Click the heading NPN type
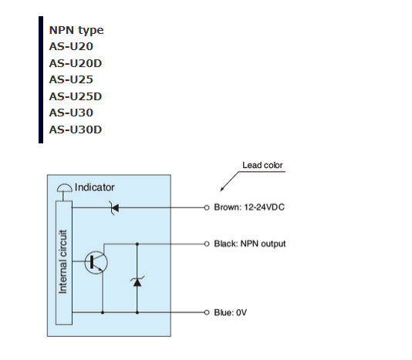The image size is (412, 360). pyautogui.click(x=76, y=31)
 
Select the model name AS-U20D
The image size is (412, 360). pyautogui.click(x=76, y=63)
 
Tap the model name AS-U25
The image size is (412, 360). pyautogui.click(x=71, y=79)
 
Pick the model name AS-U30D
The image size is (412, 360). pyautogui.click(x=76, y=130)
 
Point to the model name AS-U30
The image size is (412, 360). pyautogui.click(x=71, y=113)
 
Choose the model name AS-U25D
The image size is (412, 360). pyautogui.click(x=76, y=96)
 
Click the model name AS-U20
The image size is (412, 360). pyautogui.click(x=71, y=46)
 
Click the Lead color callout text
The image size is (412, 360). pyautogui.click(x=262, y=165)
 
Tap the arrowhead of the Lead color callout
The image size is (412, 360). pyautogui.click(x=222, y=189)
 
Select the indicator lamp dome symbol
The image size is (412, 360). pyautogui.click(x=64, y=188)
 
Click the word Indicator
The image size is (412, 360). pyautogui.click(x=95, y=187)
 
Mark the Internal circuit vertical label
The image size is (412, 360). pyautogui.click(x=62, y=261)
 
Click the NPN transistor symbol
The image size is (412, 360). pyautogui.click(x=96, y=262)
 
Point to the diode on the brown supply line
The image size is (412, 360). pyautogui.click(x=114, y=208)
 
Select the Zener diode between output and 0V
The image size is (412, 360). pyautogui.click(x=137, y=281)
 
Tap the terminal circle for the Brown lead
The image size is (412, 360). pyautogui.click(x=207, y=207)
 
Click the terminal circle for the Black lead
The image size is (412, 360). pyautogui.click(x=207, y=244)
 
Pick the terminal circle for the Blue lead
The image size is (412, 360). pyautogui.click(x=207, y=312)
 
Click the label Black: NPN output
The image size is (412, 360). pyautogui.click(x=250, y=244)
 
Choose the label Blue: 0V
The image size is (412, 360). pyautogui.click(x=231, y=312)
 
